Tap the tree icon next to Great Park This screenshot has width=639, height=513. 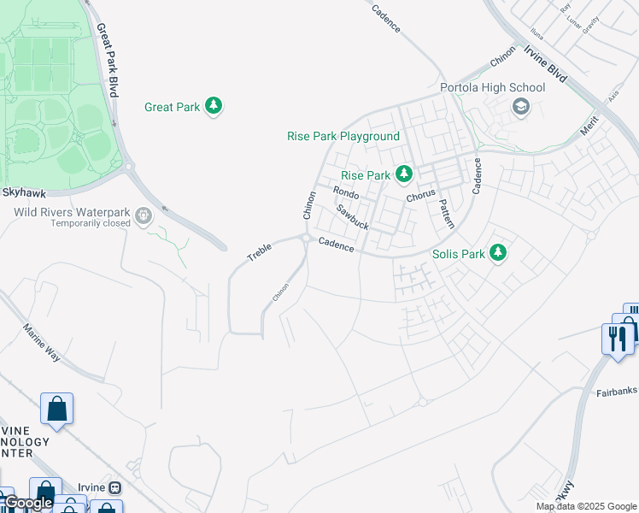[x=214, y=107]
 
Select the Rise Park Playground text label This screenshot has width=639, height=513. [x=343, y=137]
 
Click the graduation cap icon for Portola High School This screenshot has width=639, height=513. [x=519, y=107]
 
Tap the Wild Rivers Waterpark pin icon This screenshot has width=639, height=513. [x=144, y=215]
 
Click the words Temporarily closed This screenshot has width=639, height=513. [x=91, y=224]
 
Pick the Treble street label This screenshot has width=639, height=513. [x=259, y=252]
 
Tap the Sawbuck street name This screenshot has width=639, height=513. [x=351, y=217]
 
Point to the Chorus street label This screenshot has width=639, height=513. [x=421, y=196]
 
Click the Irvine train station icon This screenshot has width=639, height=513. [x=114, y=487]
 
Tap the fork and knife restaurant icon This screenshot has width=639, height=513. [x=614, y=338]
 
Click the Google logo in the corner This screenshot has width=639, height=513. [x=28, y=504]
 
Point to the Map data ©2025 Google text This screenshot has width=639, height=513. [x=586, y=506]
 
